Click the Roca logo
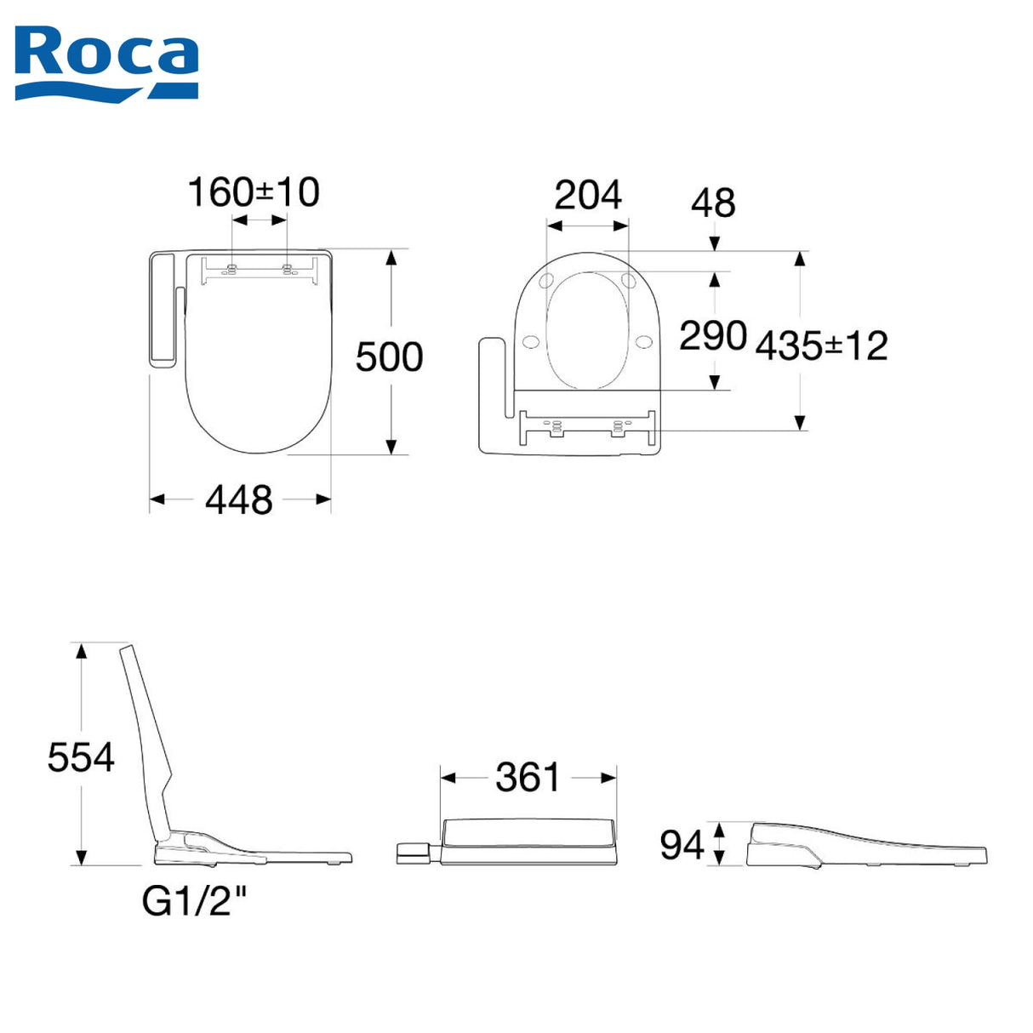pos(106,63)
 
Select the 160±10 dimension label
pos(254,192)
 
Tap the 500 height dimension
pos(389,357)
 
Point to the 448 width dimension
pos(239,499)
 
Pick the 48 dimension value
pos(713,203)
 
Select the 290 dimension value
pos(713,336)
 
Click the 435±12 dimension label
pos(821,345)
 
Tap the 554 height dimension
pos(81,757)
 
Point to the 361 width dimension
pos(528,777)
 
